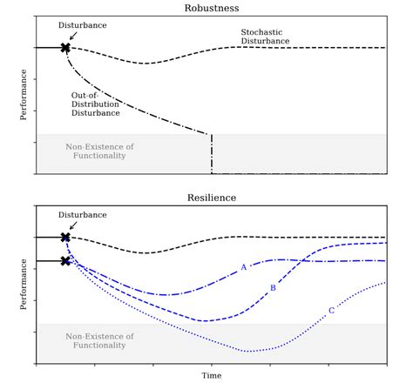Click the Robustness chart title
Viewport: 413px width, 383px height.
(211, 8)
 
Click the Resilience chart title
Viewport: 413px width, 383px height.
(211, 198)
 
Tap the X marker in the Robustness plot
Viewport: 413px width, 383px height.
(65, 48)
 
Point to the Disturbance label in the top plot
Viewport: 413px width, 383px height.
(83, 25)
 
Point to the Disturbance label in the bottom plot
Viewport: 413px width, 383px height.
(83, 215)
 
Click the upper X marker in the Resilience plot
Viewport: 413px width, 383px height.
(65, 237)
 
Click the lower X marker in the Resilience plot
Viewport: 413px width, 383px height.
(65, 260)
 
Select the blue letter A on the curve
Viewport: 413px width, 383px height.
(244, 267)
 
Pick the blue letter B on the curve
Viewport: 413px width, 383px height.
(273, 287)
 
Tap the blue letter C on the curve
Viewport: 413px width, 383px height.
(331, 311)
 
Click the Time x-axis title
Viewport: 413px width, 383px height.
(211, 376)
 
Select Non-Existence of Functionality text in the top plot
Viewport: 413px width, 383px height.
(100, 151)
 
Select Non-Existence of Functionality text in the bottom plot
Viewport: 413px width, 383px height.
(100, 340)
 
